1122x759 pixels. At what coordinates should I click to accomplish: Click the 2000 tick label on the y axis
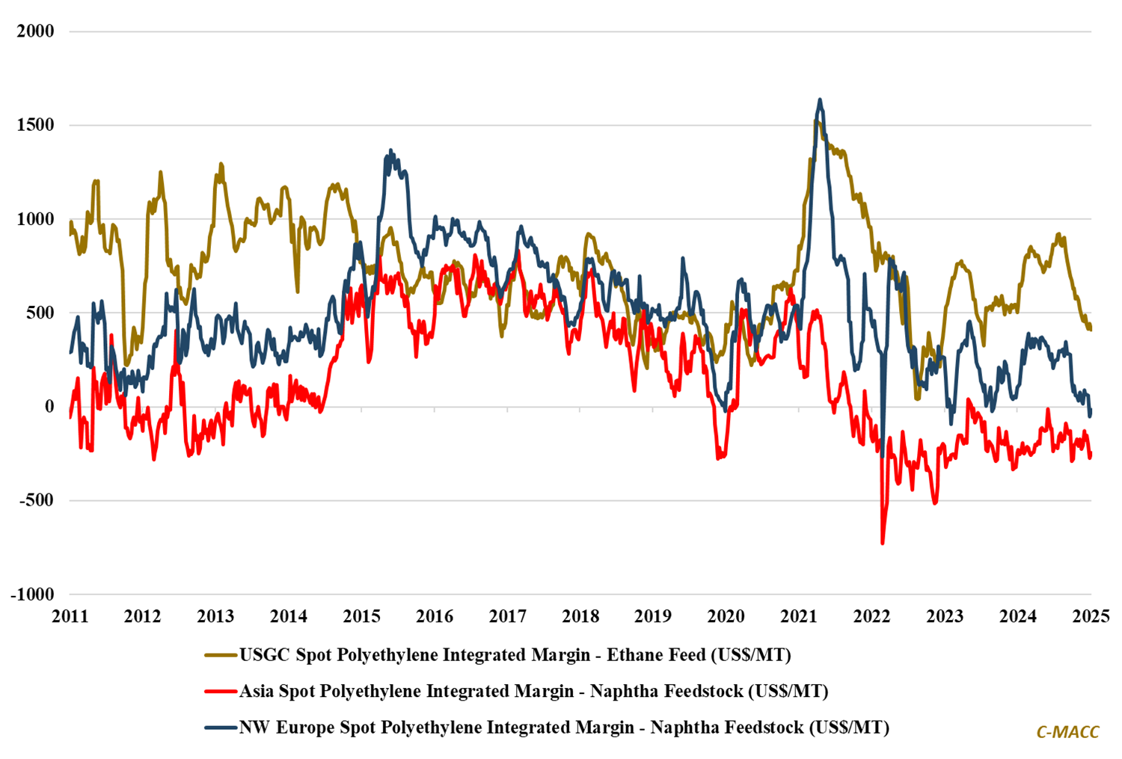(36, 31)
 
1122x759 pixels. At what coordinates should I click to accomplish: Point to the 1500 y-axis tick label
(36, 125)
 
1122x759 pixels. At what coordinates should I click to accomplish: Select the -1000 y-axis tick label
(33, 594)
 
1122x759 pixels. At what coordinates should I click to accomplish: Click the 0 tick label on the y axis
(50, 407)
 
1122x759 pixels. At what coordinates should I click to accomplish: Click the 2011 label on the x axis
(70, 617)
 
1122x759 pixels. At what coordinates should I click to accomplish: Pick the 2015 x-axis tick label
(361, 617)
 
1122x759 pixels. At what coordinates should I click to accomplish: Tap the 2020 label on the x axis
(726, 617)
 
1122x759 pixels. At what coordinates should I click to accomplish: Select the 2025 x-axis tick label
(1091, 617)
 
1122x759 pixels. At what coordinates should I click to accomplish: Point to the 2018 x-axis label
(580, 617)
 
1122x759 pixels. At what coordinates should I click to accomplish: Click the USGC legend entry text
(515, 655)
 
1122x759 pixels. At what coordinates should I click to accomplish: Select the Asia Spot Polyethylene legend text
(533, 691)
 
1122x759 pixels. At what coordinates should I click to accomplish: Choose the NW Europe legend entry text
(564, 727)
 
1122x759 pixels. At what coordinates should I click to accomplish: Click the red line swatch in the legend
(221, 692)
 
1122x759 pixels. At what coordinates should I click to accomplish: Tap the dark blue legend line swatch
(221, 728)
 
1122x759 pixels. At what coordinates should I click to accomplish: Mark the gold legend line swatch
(221, 656)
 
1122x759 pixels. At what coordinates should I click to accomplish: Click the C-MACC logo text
(1067, 732)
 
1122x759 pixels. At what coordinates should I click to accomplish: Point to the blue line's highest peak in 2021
(820, 99)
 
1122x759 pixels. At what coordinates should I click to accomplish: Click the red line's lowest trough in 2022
(883, 543)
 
